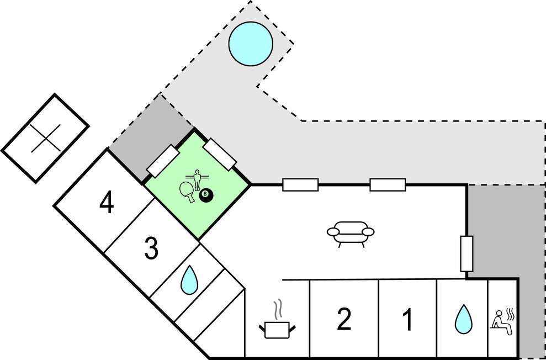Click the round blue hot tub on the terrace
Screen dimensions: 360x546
(251, 44)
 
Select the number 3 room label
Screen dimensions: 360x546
(151, 248)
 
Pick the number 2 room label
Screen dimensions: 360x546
(343, 320)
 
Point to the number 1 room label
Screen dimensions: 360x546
(407, 320)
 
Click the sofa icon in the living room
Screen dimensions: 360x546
(351, 234)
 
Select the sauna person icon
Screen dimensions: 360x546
(503, 321)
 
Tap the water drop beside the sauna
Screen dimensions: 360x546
(463, 320)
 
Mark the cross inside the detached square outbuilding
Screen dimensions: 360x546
(45, 137)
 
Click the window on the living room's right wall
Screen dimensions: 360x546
(467, 253)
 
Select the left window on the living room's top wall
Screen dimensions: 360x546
(300, 185)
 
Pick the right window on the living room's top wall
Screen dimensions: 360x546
(388, 185)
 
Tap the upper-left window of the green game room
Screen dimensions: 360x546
(162, 160)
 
